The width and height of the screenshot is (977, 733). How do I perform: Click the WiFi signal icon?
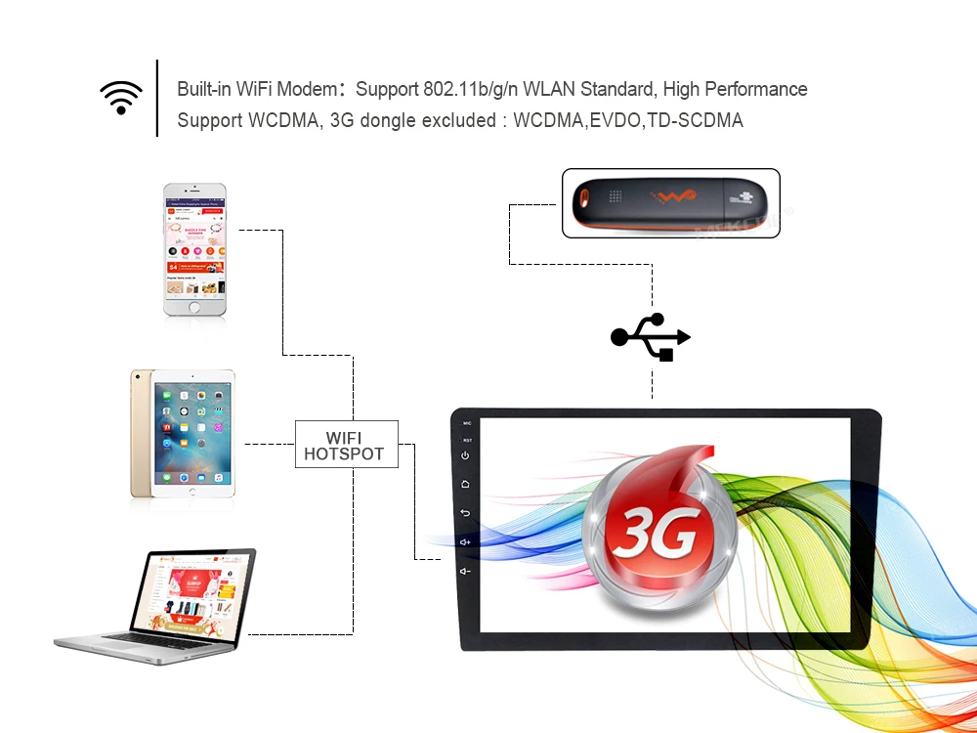[x=121, y=97]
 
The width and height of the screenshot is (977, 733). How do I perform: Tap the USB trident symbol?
[x=651, y=337]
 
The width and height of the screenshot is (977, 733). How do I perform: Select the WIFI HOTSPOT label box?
[x=347, y=445]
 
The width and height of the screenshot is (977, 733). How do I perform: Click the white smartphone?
[x=194, y=249]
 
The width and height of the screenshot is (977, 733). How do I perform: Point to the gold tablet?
[x=183, y=434]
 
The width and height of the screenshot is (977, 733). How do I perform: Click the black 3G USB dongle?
[x=670, y=203]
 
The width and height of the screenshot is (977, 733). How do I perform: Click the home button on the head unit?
[x=466, y=484]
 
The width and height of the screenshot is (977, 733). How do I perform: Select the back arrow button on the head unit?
[x=466, y=513]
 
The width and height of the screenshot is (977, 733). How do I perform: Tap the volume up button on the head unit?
[x=466, y=541]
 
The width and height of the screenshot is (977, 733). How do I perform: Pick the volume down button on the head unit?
[x=466, y=571]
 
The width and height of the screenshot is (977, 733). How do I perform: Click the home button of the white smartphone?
[x=194, y=307]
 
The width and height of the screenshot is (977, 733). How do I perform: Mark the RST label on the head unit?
[x=467, y=440]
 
